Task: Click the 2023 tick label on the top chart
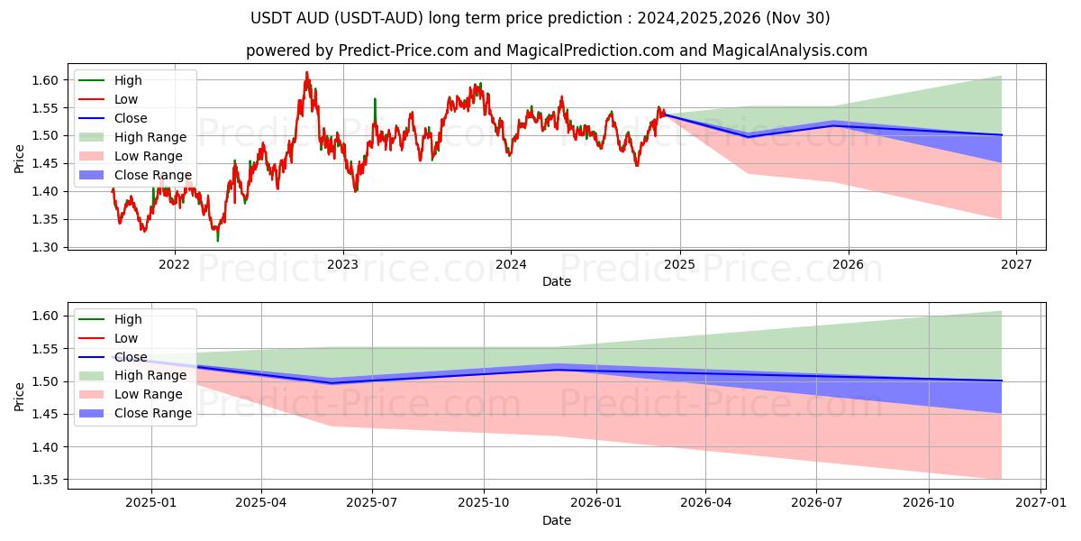[x=342, y=264]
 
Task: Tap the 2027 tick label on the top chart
[x=1016, y=264]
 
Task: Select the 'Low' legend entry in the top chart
[x=126, y=99]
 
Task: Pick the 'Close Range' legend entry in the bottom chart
[x=153, y=413]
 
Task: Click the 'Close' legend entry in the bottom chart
[x=131, y=357]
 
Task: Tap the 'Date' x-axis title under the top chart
[x=556, y=281]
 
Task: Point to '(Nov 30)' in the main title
[x=797, y=18]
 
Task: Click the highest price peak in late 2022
[x=306, y=72]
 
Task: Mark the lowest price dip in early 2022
[x=217, y=241]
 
